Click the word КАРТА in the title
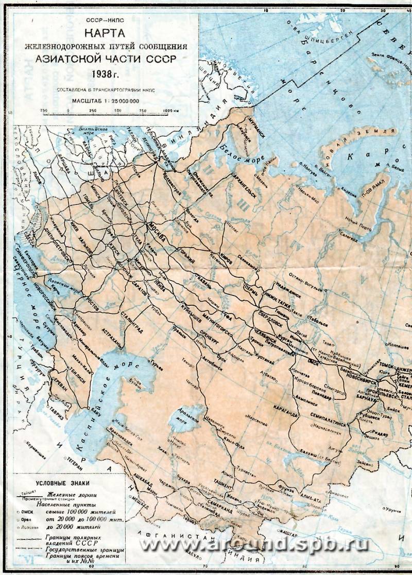pos(106,34)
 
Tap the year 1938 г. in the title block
pos(106,73)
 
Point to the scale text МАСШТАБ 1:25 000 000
pos(106,101)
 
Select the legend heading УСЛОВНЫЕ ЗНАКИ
pos(60,483)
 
